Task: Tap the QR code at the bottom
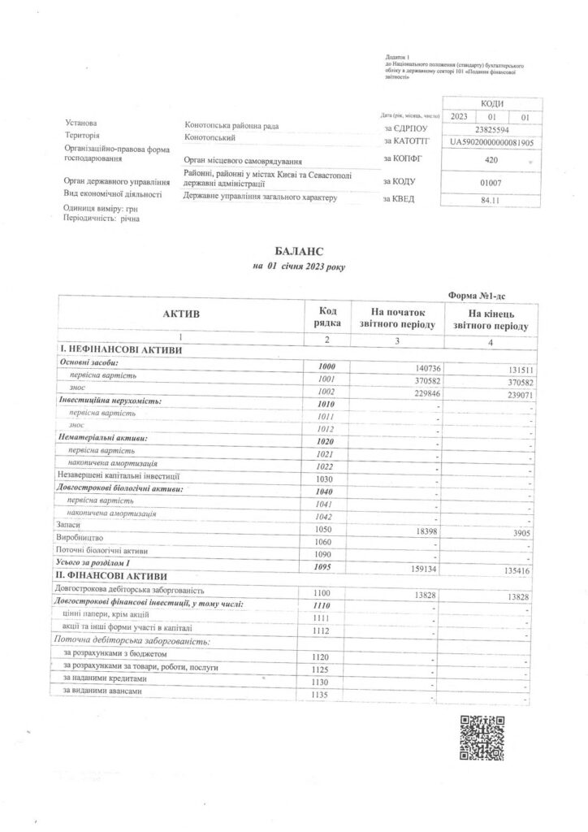tap(482, 737)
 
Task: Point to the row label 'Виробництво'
tap(84, 539)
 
